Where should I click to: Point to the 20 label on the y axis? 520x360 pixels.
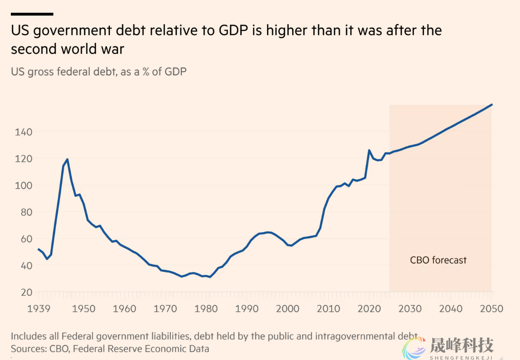click(x=27, y=292)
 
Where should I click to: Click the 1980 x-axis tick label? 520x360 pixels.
click(x=206, y=309)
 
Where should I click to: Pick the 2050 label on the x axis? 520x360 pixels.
click(x=491, y=309)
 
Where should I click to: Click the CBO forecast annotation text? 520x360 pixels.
click(x=438, y=260)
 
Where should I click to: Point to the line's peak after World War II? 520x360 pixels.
click(x=67, y=159)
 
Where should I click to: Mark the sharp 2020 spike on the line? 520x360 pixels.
click(x=369, y=150)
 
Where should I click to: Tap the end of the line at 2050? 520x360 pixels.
click(x=492, y=104)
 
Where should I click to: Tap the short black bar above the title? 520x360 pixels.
click(x=32, y=14)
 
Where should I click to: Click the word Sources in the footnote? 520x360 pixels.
click(x=27, y=349)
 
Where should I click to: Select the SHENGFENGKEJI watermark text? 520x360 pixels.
click(x=461, y=356)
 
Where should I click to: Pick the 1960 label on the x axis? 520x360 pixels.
click(x=125, y=309)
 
